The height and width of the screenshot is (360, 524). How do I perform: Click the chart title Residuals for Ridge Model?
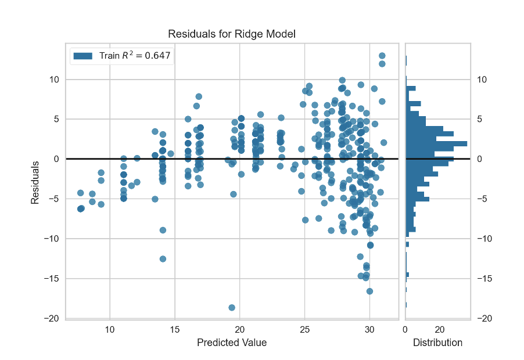pyautogui.click(x=232, y=34)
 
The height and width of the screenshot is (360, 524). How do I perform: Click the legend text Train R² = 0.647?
pyautogui.click(x=135, y=56)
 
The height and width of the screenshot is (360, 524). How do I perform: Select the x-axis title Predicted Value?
pyautogui.click(x=232, y=343)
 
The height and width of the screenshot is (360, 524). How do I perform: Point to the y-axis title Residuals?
pyautogui.click(x=35, y=182)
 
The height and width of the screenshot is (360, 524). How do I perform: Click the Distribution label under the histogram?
pyautogui.click(x=437, y=343)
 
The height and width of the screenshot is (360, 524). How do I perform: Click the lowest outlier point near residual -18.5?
pyautogui.click(x=232, y=307)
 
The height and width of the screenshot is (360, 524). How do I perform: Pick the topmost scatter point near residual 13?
pyautogui.click(x=382, y=56)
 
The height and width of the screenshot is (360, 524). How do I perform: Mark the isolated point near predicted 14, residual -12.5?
pyautogui.click(x=163, y=259)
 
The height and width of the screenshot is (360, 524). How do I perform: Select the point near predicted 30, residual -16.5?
pyautogui.click(x=369, y=291)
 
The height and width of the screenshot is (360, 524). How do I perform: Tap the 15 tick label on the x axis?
pyautogui.click(x=175, y=329)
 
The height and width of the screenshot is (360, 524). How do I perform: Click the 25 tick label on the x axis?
pyautogui.click(x=304, y=329)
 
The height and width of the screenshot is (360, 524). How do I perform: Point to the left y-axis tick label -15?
pyautogui.click(x=53, y=279)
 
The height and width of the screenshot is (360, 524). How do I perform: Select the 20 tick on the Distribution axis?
pyautogui.click(x=439, y=329)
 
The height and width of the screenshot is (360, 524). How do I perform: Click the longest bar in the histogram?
pyautogui.click(x=436, y=143)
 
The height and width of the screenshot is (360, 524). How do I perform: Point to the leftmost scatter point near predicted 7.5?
pyautogui.click(x=81, y=208)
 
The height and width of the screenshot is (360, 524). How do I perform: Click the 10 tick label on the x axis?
pyautogui.click(x=110, y=329)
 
